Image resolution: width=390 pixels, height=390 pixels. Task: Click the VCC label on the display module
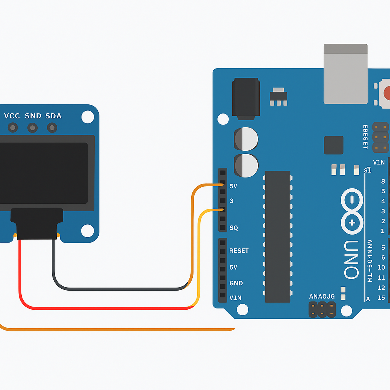pos(12,116)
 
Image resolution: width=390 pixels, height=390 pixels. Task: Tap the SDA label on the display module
pos(53,116)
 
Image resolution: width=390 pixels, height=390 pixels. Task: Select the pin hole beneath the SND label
pos(33,128)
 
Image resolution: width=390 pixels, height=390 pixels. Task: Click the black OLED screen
pos(44,173)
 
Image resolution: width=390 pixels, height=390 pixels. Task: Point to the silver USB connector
pos(345,74)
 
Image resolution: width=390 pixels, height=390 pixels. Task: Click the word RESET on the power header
pos(239,251)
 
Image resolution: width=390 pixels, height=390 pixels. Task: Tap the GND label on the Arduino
pos(236,283)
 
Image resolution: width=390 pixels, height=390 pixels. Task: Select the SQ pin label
pos(233,228)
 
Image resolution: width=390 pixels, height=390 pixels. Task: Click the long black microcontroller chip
pos(278,236)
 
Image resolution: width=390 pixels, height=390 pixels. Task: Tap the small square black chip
pos(334,145)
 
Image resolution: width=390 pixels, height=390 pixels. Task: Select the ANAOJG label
pos(322,296)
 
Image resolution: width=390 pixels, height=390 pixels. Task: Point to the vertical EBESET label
pos(365,137)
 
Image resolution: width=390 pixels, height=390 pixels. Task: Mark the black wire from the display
pos(114,289)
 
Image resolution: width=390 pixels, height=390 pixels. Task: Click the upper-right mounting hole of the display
pos(88,117)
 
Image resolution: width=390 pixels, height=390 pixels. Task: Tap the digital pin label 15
pos(381,298)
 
